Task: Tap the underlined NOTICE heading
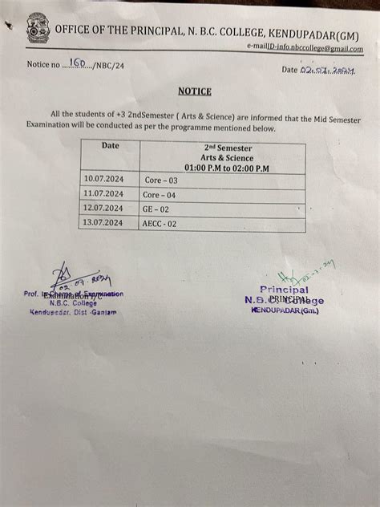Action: [x=195, y=91]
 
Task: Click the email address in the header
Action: [x=305, y=49]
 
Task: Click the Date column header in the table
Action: [x=110, y=146]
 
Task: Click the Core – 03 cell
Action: [x=160, y=180]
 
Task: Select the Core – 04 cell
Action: [x=160, y=195]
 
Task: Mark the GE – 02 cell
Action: [x=156, y=209]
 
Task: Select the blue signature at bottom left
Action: [x=76, y=280]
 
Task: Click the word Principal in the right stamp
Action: [x=284, y=290]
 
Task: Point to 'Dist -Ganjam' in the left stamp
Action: [x=95, y=312]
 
